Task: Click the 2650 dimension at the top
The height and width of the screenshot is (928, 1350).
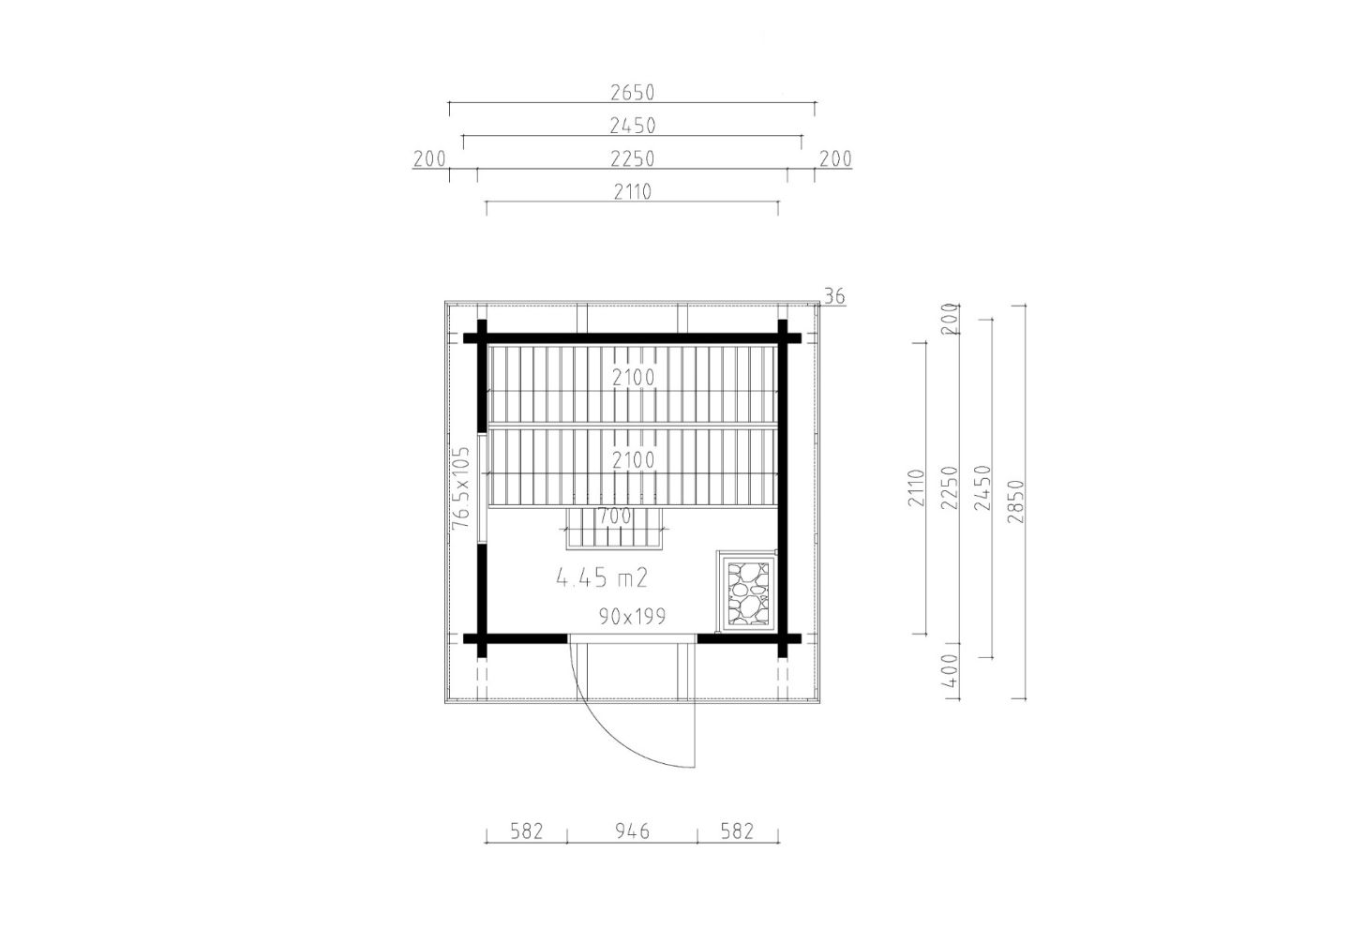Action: pyautogui.click(x=632, y=93)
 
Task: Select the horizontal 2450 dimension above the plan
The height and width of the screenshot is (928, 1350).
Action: pyautogui.click(x=632, y=126)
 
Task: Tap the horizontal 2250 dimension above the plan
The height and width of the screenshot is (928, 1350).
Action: pyautogui.click(x=632, y=159)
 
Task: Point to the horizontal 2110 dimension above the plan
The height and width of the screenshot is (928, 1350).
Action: pyautogui.click(x=632, y=191)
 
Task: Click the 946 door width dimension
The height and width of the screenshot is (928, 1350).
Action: pyautogui.click(x=632, y=831)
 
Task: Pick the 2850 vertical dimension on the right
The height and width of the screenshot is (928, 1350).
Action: pyautogui.click(x=1015, y=501)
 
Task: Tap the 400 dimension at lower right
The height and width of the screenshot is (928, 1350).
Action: pyautogui.click(x=949, y=671)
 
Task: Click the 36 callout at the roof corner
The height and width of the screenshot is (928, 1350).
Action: pyautogui.click(x=834, y=296)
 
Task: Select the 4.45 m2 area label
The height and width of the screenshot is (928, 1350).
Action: pyautogui.click(x=602, y=578)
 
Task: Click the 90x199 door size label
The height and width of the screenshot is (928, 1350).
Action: pyautogui.click(x=632, y=617)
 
